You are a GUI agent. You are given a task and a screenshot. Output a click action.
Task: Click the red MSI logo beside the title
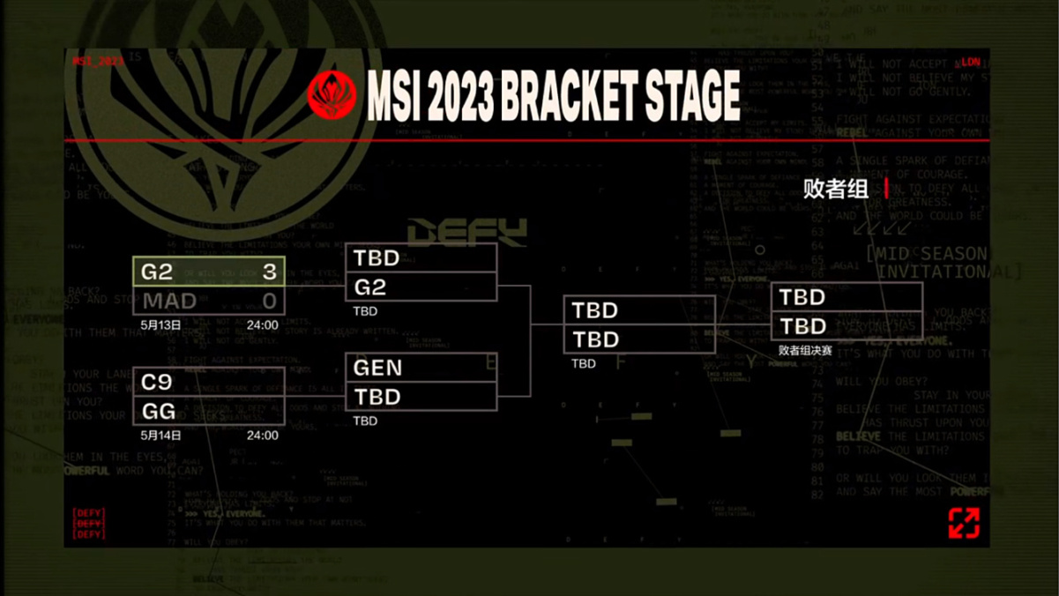(x=332, y=95)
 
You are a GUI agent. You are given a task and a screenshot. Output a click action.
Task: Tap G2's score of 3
(x=269, y=272)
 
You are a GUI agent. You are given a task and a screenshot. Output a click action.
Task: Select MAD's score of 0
(x=269, y=301)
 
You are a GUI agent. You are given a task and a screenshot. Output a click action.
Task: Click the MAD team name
(x=170, y=301)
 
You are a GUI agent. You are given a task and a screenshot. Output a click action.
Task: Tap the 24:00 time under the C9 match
(x=262, y=436)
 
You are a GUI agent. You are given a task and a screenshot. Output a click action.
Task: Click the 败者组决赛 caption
(x=805, y=350)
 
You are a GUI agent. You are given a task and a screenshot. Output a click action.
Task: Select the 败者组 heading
(x=835, y=189)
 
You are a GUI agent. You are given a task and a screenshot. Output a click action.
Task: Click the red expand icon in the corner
(x=964, y=522)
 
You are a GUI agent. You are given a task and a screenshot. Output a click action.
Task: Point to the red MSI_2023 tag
(x=98, y=62)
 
